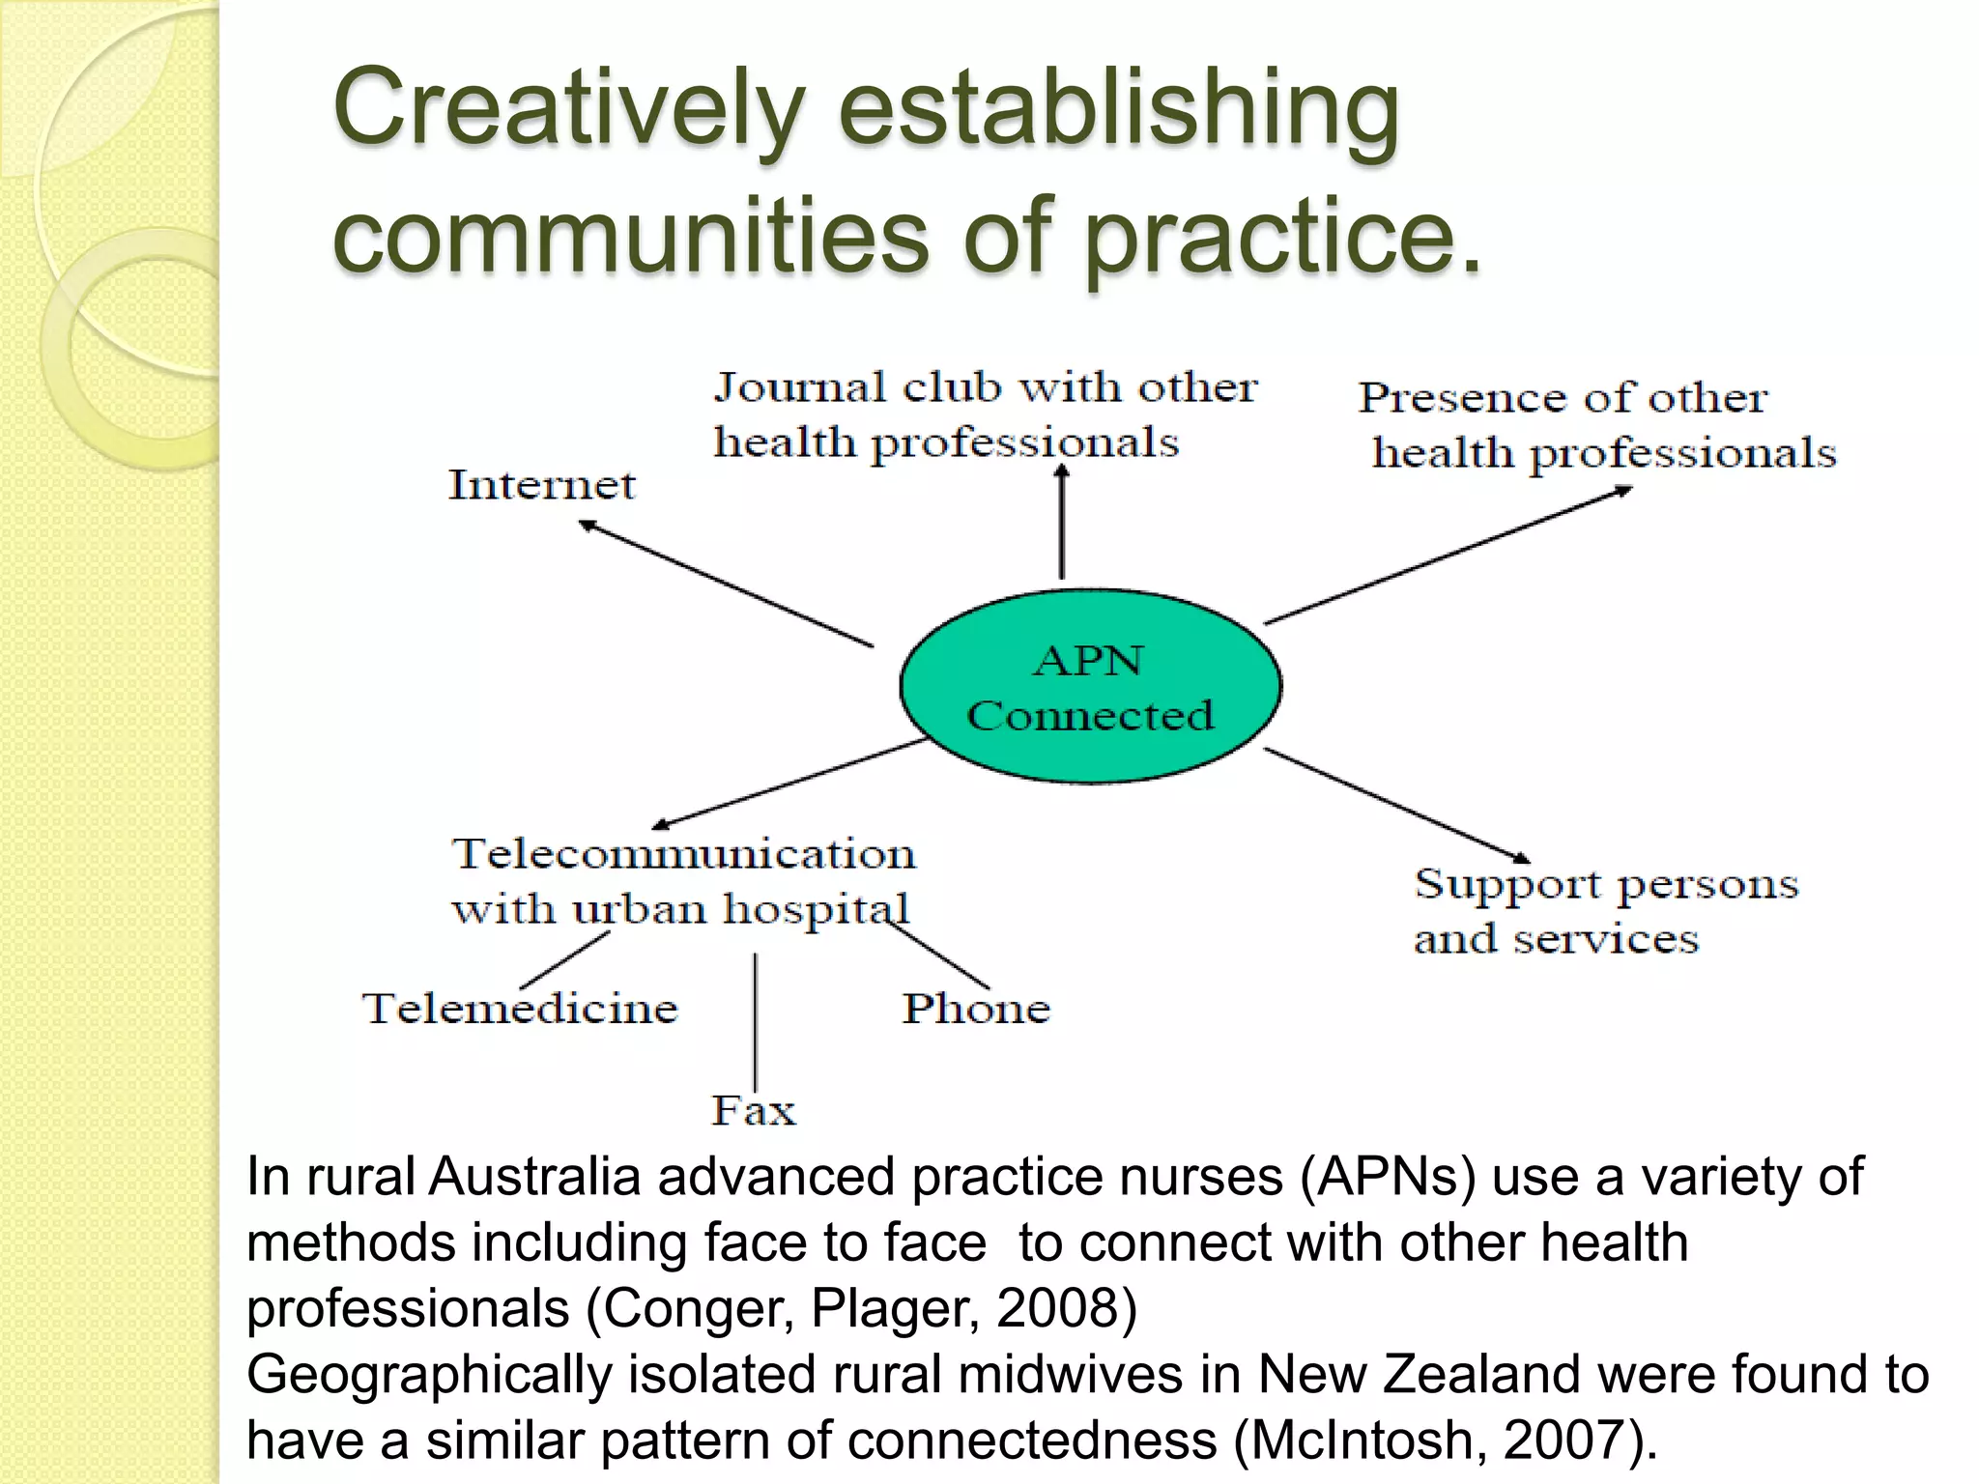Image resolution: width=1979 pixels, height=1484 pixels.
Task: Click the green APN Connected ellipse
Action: (x=1090, y=685)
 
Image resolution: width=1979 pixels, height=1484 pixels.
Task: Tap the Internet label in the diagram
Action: (x=542, y=485)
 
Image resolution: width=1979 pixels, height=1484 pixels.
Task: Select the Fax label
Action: (x=754, y=1111)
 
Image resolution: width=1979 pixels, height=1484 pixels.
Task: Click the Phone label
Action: (x=976, y=1009)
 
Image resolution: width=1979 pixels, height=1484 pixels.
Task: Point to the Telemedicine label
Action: (x=520, y=1009)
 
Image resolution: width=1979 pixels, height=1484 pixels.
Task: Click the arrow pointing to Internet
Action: (x=725, y=583)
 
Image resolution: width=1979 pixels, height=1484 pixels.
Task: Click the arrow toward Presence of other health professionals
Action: (x=1448, y=556)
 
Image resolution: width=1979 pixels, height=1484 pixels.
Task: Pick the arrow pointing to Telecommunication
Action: (x=788, y=784)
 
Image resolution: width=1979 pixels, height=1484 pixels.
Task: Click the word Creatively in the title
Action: (x=569, y=108)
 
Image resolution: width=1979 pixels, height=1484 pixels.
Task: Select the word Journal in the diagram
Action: (x=798, y=387)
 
